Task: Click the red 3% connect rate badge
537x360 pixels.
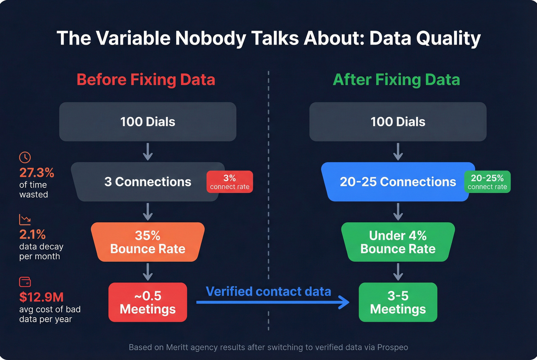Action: [229, 182]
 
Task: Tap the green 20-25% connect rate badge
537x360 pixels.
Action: [487, 182]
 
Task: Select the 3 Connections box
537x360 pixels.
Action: [148, 182]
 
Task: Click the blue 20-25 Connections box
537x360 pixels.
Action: [398, 182]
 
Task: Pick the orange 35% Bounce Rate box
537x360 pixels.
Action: [148, 242]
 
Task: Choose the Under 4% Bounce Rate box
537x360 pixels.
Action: [398, 242]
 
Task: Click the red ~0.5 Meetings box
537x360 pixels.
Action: [148, 302]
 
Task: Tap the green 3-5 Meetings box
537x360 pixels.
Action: [398, 302]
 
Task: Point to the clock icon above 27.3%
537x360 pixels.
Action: [25, 157]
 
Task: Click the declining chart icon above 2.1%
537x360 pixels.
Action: [25, 220]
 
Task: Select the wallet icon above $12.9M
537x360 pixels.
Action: [25, 282]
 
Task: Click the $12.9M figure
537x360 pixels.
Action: [41, 297]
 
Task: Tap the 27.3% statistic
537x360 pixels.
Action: [37, 173]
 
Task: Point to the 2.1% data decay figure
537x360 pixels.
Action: [33, 234]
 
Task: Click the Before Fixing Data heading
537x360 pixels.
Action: [146, 80]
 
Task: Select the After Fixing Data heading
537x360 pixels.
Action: [396, 80]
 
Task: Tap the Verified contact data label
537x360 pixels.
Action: [268, 291]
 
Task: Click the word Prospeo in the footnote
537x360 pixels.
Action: [392, 347]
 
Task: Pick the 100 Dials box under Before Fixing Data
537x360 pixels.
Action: [148, 122]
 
